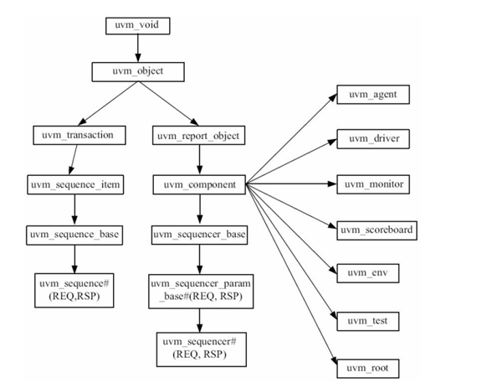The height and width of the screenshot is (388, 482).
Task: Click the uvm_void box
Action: pos(137,25)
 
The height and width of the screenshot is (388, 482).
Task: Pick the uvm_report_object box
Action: pos(198,134)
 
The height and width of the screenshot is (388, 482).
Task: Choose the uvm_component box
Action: pos(198,184)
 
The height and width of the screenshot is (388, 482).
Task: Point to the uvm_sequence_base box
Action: pos(75,234)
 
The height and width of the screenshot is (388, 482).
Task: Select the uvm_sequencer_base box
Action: pos(199,234)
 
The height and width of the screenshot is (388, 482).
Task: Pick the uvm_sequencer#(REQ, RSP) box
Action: pos(199,347)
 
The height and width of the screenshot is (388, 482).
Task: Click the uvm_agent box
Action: pos(373,95)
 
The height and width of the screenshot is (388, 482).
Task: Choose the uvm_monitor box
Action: pos(373,184)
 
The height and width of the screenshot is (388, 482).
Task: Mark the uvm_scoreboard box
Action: pos(377,229)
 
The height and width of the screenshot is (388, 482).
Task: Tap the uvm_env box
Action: pos(373,274)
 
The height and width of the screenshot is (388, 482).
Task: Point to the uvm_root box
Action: pos(373,367)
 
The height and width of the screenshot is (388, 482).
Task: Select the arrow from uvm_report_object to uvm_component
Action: pos(198,159)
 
